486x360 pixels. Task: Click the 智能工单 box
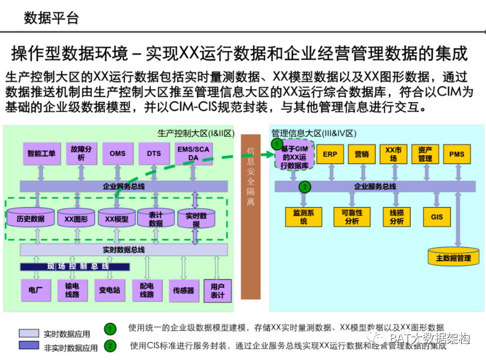(x=42, y=154)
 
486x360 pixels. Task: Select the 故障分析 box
(x=81, y=153)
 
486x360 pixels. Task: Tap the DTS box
(x=154, y=154)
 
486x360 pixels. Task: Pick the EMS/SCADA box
(x=193, y=154)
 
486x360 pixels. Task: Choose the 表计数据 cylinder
(x=156, y=219)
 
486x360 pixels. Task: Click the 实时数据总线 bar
(x=124, y=249)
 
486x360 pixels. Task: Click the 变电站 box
(x=110, y=290)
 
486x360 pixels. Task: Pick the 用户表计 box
(x=218, y=291)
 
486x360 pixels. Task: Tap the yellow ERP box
(x=329, y=154)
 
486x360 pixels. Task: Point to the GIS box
(x=437, y=217)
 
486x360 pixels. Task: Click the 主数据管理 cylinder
(x=453, y=257)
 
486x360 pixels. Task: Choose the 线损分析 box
(x=396, y=217)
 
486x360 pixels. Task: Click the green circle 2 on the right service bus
(x=305, y=187)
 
